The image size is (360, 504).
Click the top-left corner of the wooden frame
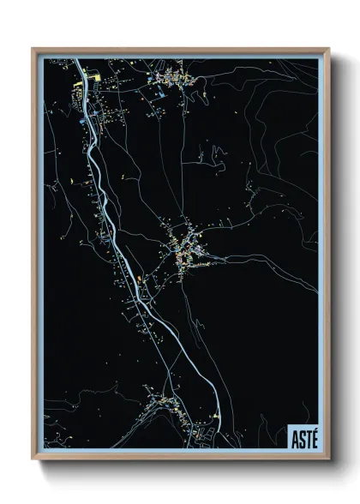click(33, 49)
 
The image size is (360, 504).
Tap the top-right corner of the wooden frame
click(328, 49)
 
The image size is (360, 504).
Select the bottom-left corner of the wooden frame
click(33, 459)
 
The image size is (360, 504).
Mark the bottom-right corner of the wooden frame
click(328, 459)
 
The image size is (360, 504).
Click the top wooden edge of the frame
click(180, 50)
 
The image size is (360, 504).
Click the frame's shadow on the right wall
click(336, 257)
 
